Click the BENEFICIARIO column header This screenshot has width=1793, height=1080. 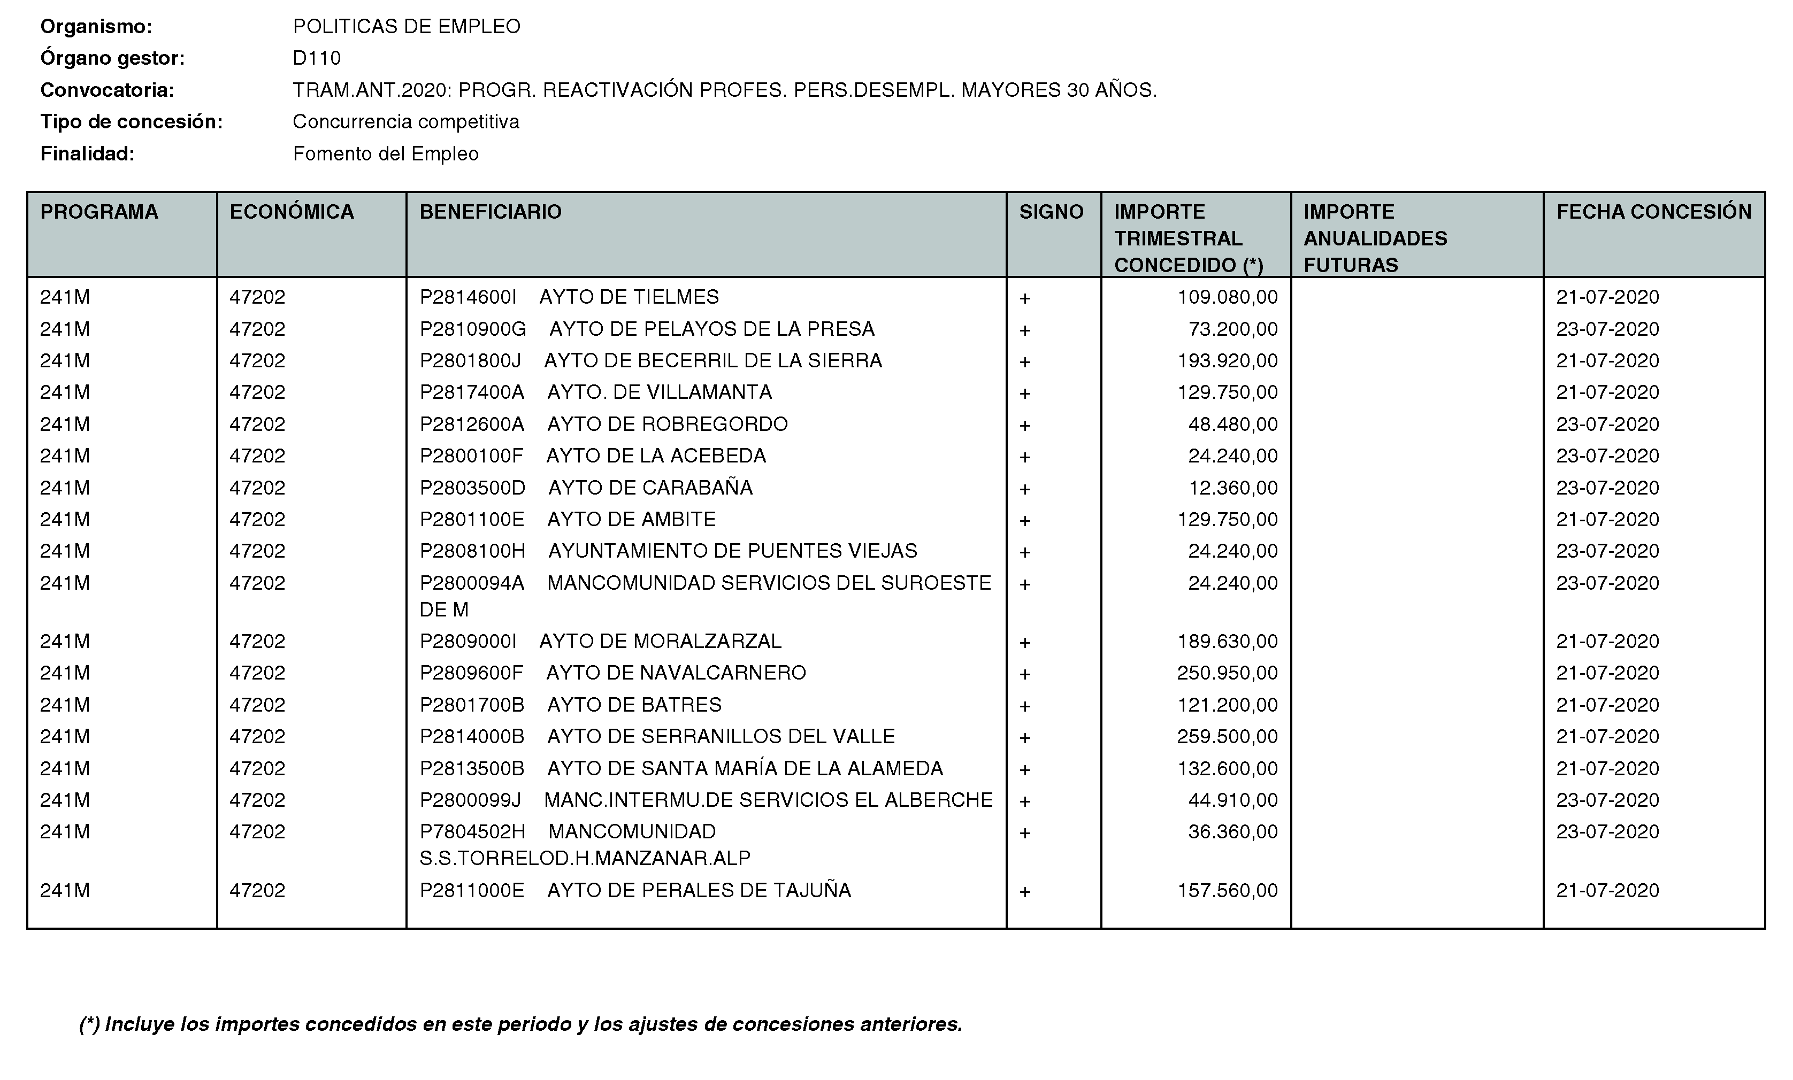[x=491, y=212]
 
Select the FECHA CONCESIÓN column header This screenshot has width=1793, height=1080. [x=1653, y=212]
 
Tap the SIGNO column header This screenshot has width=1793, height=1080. [x=1051, y=212]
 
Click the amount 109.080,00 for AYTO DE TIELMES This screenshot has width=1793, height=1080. [x=1227, y=297]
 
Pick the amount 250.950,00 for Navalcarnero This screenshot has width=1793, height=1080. [x=1227, y=673]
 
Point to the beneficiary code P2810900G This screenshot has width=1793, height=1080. [x=472, y=329]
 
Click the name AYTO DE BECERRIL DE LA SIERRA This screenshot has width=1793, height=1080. [x=712, y=361]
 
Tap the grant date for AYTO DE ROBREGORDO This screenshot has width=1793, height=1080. [x=1607, y=425]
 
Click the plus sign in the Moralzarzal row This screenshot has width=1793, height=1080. [x=1024, y=642]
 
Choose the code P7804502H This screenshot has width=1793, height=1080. [x=472, y=832]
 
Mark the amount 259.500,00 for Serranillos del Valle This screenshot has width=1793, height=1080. [x=1227, y=737]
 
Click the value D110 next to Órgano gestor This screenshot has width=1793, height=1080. [x=317, y=58]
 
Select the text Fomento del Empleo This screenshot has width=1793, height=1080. [x=386, y=154]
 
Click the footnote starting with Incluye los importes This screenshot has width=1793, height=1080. [x=520, y=1024]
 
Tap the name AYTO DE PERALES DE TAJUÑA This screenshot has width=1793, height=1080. [x=699, y=891]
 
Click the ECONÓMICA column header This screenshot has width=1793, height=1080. [x=291, y=212]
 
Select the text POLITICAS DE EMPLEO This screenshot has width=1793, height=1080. [x=406, y=27]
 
